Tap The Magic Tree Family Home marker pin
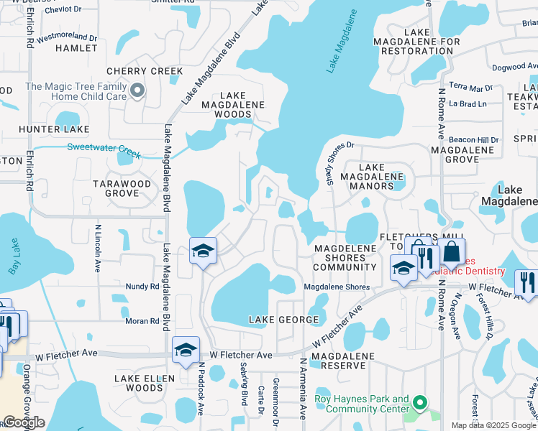(137, 91)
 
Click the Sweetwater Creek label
(104, 149)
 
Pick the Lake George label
(283, 319)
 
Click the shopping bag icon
(452, 253)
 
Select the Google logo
(23, 422)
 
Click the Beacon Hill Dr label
(473, 139)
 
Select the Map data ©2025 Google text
(493, 425)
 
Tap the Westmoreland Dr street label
(67, 37)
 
